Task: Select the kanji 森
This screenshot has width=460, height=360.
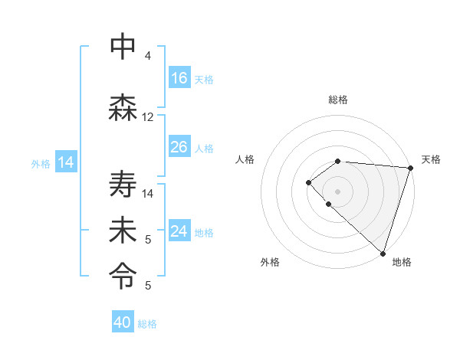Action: [123, 108]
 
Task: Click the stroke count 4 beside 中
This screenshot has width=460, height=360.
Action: [148, 56]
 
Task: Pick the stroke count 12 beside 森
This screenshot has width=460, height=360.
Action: [148, 117]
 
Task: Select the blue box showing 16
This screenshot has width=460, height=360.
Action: [179, 78]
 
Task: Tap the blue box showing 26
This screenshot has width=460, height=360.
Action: [179, 147]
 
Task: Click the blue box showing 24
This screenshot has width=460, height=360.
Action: [179, 231]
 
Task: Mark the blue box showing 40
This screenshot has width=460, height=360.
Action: [123, 322]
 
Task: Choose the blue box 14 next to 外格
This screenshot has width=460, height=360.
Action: [66, 162]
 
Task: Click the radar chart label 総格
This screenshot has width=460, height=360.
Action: [337, 100]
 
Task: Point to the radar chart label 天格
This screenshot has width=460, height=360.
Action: [431, 159]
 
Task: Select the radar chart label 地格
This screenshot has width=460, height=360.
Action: [402, 262]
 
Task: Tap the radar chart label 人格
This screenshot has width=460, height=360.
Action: [245, 159]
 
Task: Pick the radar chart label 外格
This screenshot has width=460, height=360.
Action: [270, 262]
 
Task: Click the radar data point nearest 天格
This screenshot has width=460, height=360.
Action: [410, 167]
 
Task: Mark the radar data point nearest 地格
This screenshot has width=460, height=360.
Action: [383, 253]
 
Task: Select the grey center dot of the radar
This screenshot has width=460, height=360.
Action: [337, 191]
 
